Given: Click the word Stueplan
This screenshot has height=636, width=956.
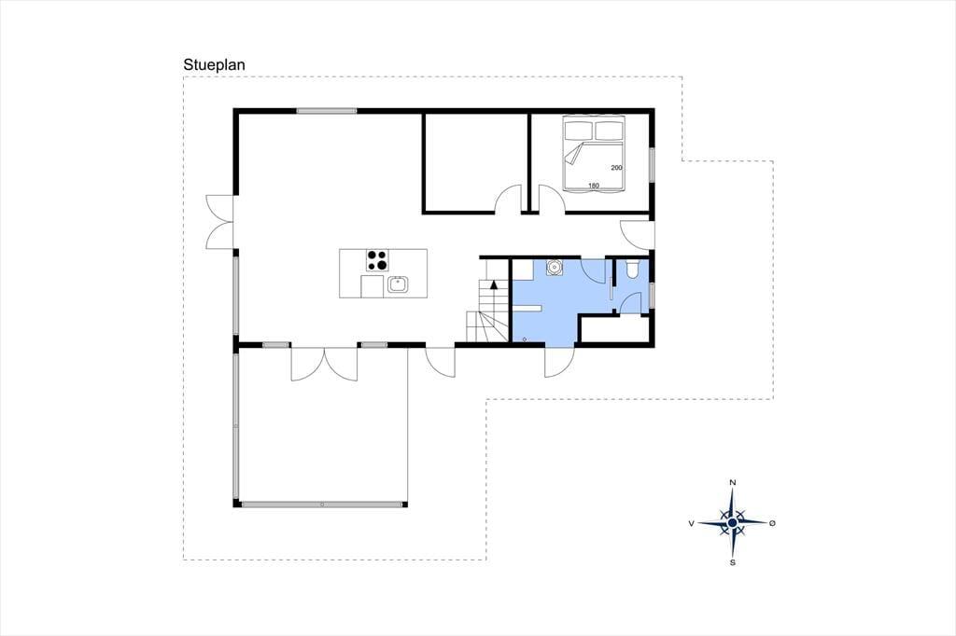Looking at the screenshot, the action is coord(214,65).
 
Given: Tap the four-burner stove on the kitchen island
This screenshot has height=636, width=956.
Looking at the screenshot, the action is coord(377,260).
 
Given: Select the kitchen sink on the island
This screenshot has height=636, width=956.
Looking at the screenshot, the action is coord(398,284).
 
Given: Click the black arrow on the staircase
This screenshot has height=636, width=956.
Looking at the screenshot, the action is coord(494,283).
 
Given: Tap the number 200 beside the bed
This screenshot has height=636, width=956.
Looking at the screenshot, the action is coord(616,168).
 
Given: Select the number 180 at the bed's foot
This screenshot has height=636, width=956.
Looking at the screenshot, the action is coord(594,186).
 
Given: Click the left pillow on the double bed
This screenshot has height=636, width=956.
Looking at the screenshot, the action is coord(579,131).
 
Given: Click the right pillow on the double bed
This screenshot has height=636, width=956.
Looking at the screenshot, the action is coord(610,131).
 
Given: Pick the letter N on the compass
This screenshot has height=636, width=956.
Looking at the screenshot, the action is coord(733,483).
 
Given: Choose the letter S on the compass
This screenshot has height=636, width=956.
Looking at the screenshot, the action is coord(733,562).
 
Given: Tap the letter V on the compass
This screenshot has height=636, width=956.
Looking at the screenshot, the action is coord(692,523).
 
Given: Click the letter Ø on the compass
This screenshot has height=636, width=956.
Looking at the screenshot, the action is coord(772,523).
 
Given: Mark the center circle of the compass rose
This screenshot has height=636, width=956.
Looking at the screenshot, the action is coord(733,522).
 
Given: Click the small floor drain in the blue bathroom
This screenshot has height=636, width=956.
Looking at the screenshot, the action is coord(525,339).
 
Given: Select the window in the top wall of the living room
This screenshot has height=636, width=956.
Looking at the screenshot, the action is coord(327,111).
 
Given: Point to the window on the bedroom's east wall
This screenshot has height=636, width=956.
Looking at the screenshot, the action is coord(652,164).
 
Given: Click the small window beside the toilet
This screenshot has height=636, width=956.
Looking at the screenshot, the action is coord(652,296).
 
